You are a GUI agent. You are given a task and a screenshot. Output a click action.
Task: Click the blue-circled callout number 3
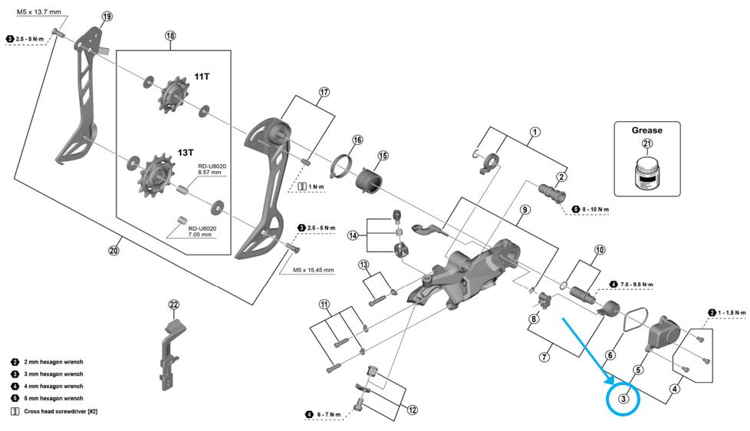pos(624,399)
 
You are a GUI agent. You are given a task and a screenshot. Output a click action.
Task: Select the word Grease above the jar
pos(647,130)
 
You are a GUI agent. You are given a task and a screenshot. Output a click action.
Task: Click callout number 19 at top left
pos(106,16)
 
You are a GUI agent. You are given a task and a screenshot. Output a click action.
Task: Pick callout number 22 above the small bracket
pos(174,304)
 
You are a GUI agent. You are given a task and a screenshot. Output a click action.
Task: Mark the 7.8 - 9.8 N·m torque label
pos(634,285)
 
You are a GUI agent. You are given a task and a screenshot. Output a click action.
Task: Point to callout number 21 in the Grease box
pos(647,144)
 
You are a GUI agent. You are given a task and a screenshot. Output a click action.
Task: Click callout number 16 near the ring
pos(357,140)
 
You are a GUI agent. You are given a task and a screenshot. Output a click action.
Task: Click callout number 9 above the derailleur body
pos(525,209)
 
